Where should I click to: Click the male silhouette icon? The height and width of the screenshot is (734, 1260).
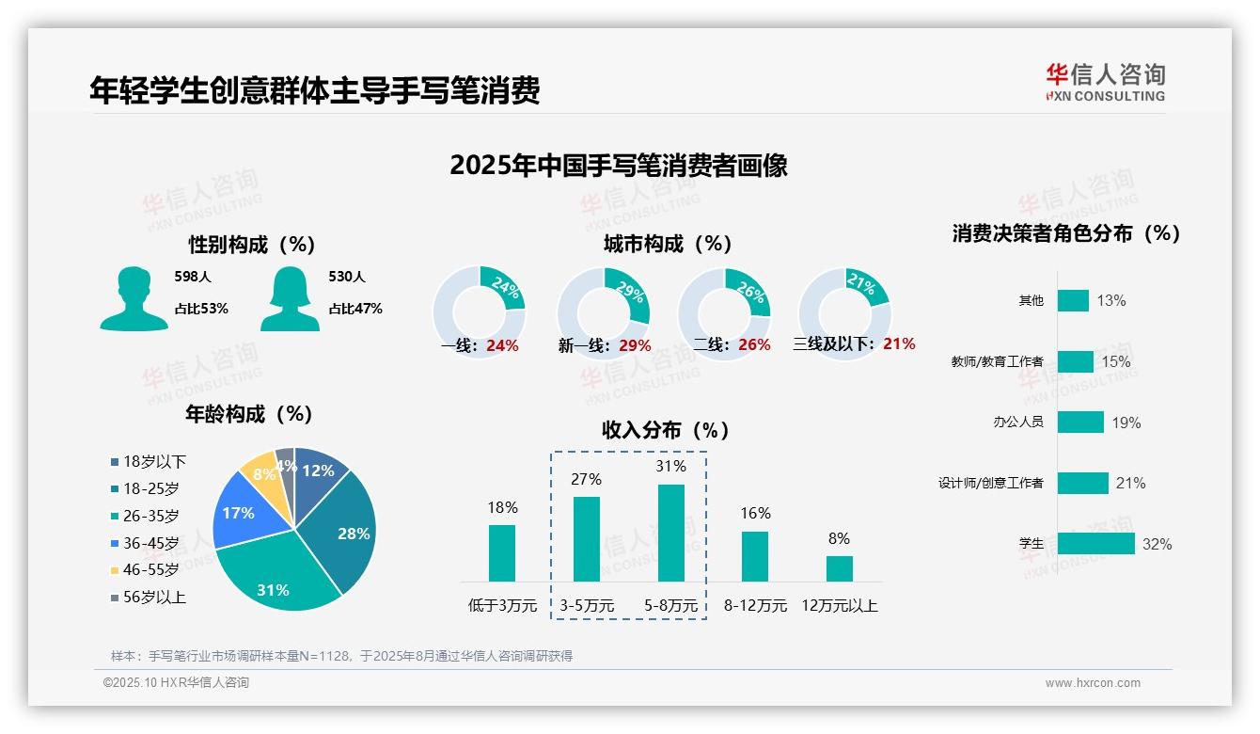tap(134, 298)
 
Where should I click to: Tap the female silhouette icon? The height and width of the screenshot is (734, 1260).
tap(290, 298)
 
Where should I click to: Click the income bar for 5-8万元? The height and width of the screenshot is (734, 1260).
tap(670, 533)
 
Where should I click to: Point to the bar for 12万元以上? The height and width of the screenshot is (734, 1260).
tap(839, 568)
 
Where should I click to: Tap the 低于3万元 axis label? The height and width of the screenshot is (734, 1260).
tap(502, 605)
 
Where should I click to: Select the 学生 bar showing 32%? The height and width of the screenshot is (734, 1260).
tap(1095, 544)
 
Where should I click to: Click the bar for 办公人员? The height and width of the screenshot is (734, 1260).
tap(1079, 422)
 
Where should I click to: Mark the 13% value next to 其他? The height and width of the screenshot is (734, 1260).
tap(1110, 301)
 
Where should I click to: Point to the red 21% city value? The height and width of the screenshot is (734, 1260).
tap(899, 344)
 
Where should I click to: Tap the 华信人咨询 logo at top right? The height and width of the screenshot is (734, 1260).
tap(1105, 82)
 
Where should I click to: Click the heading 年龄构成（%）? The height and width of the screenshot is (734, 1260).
tap(249, 414)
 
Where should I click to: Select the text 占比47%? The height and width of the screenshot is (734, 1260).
tap(355, 309)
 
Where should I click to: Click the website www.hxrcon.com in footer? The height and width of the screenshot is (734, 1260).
tap(1093, 683)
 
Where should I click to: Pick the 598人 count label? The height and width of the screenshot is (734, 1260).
tap(193, 277)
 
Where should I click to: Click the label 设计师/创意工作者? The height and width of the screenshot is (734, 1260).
tap(990, 484)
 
